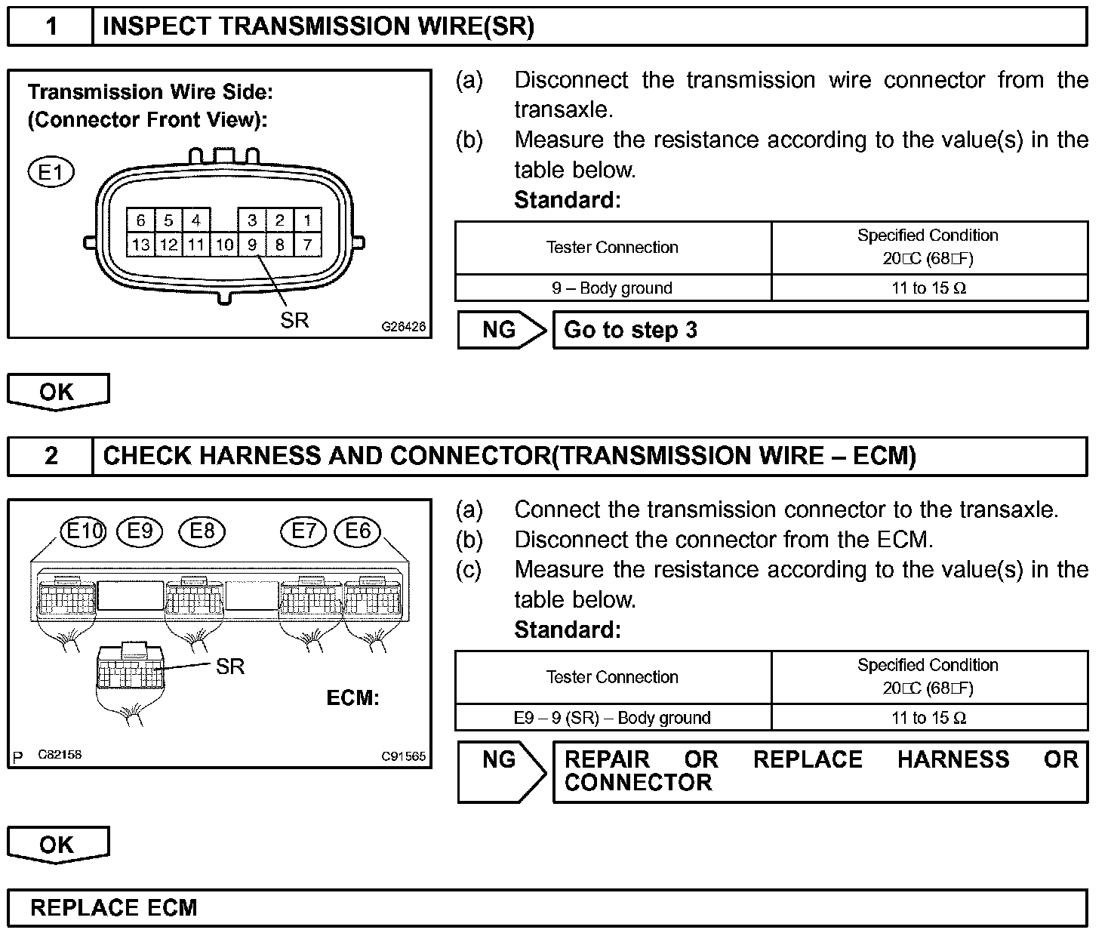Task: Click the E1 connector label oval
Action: [x=51, y=173]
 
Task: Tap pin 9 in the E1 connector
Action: [x=252, y=245]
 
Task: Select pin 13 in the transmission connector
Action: [x=140, y=245]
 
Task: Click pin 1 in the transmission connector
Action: [x=307, y=220]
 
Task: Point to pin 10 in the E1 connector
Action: [x=224, y=245]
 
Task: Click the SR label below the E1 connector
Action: [x=294, y=320]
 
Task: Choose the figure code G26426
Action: [x=403, y=328]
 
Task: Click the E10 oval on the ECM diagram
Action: [x=84, y=531]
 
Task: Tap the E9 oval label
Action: [x=140, y=531]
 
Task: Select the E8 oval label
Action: [x=202, y=531]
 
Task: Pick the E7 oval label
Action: [x=303, y=531]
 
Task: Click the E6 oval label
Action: [x=358, y=531]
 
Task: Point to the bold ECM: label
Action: [x=352, y=697]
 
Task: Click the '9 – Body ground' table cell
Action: [x=612, y=288]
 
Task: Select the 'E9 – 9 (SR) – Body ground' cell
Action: [x=612, y=718]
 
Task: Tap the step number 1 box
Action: [x=51, y=27]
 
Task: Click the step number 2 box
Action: [x=51, y=456]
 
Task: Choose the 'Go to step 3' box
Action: [x=820, y=331]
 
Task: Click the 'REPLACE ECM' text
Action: [x=113, y=907]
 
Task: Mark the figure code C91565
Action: [x=403, y=756]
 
